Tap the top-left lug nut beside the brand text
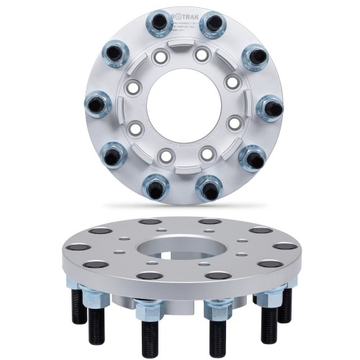(x=158, y=24)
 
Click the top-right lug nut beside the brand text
(x=211, y=25)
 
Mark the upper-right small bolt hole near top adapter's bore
(x=202, y=55)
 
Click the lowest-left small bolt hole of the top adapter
(x=165, y=154)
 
